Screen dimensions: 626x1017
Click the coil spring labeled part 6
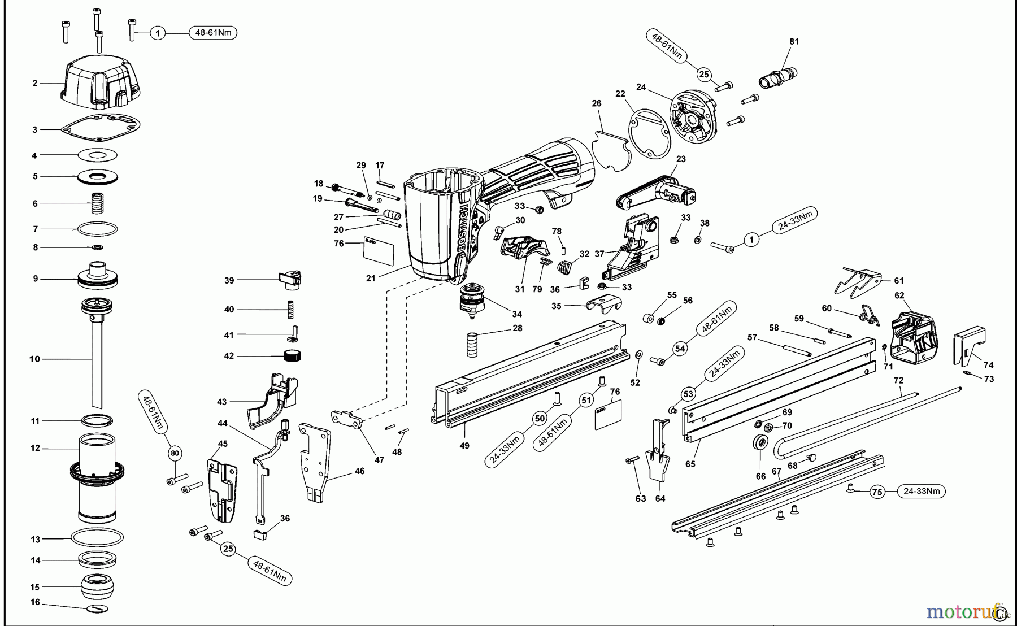(x=98, y=203)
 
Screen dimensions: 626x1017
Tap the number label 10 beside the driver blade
(x=35, y=359)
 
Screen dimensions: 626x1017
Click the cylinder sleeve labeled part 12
(x=97, y=477)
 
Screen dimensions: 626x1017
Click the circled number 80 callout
(x=175, y=453)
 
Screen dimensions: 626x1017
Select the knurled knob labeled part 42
(x=292, y=355)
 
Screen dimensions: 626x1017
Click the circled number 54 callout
(x=680, y=349)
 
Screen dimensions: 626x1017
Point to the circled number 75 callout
(x=876, y=492)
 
